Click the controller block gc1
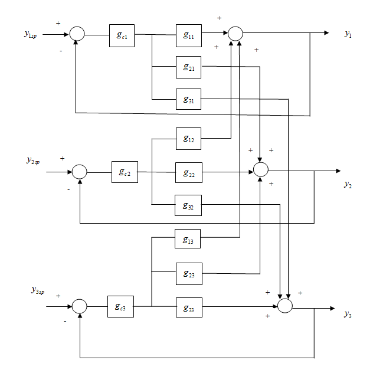[122, 35]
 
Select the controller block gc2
[125, 172]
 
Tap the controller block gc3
[120, 307]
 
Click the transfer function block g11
[188, 35]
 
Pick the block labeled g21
[188, 67]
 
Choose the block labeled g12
[188, 138]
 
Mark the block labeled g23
[188, 273]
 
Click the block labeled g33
[188, 307]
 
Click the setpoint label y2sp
[32, 160]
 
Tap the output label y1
[348, 34]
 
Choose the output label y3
[348, 313]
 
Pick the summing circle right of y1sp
[77, 34]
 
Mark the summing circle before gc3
[79, 306]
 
